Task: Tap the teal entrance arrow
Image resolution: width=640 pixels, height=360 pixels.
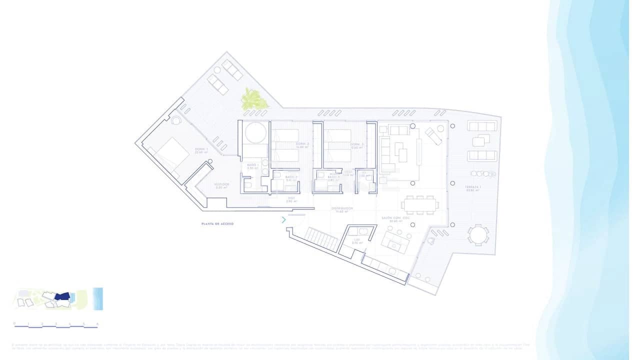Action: click(283, 219)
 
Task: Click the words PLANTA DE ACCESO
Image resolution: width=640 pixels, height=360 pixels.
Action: click(217, 224)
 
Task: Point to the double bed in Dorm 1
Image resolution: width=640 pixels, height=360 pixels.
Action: click(167, 154)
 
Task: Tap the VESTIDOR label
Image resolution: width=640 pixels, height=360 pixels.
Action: click(221, 185)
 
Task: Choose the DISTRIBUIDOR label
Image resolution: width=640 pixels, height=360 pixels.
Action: click(342, 209)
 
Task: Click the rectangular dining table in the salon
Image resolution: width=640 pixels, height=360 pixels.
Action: click(420, 204)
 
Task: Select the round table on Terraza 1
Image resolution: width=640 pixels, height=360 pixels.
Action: click(478, 234)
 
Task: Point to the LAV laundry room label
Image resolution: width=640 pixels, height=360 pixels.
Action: click(356, 241)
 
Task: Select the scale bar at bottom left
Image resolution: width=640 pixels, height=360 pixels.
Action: click(56, 325)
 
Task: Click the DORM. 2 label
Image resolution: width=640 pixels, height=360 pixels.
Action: click(302, 145)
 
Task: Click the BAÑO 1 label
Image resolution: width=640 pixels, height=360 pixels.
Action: click(252, 166)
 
